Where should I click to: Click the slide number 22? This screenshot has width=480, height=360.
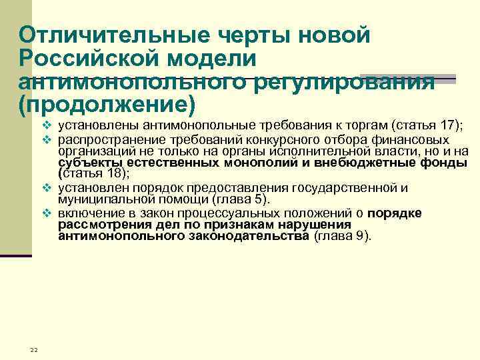point(34,351)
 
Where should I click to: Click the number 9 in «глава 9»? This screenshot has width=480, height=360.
point(360,236)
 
